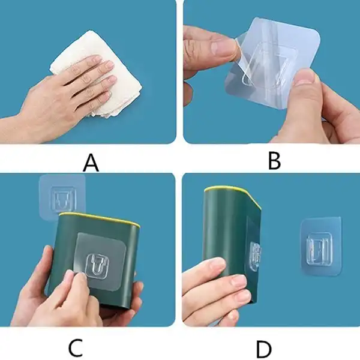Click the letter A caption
[91, 163]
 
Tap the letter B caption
[274, 161]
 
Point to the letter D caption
[264, 350]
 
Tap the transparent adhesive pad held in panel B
[273, 62]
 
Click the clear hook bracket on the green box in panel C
[97, 266]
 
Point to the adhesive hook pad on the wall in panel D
[321, 246]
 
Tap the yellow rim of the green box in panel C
[99, 218]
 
